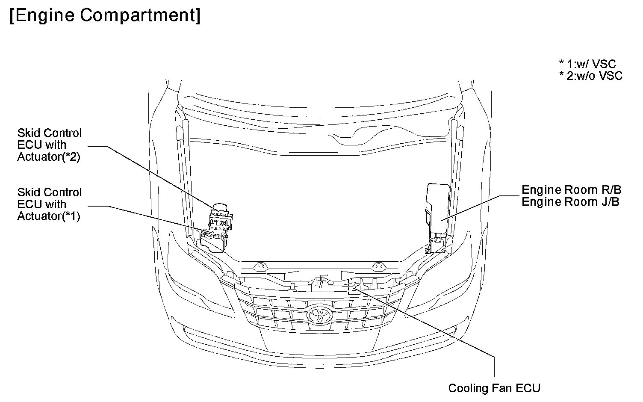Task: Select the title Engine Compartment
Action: (x=104, y=16)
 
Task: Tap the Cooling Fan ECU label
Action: (x=494, y=388)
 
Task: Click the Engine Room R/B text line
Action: (x=572, y=189)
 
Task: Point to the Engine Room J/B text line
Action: (x=570, y=201)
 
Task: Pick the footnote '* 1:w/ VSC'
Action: (x=588, y=64)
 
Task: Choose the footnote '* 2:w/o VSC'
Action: (x=591, y=76)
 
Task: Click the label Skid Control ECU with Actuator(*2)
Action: (x=49, y=145)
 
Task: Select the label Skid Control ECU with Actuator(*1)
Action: (x=49, y=204)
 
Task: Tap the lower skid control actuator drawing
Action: (x=213, y=242)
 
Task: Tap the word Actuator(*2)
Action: (x=49, y=157)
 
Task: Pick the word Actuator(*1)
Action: (x=49, y=216)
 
